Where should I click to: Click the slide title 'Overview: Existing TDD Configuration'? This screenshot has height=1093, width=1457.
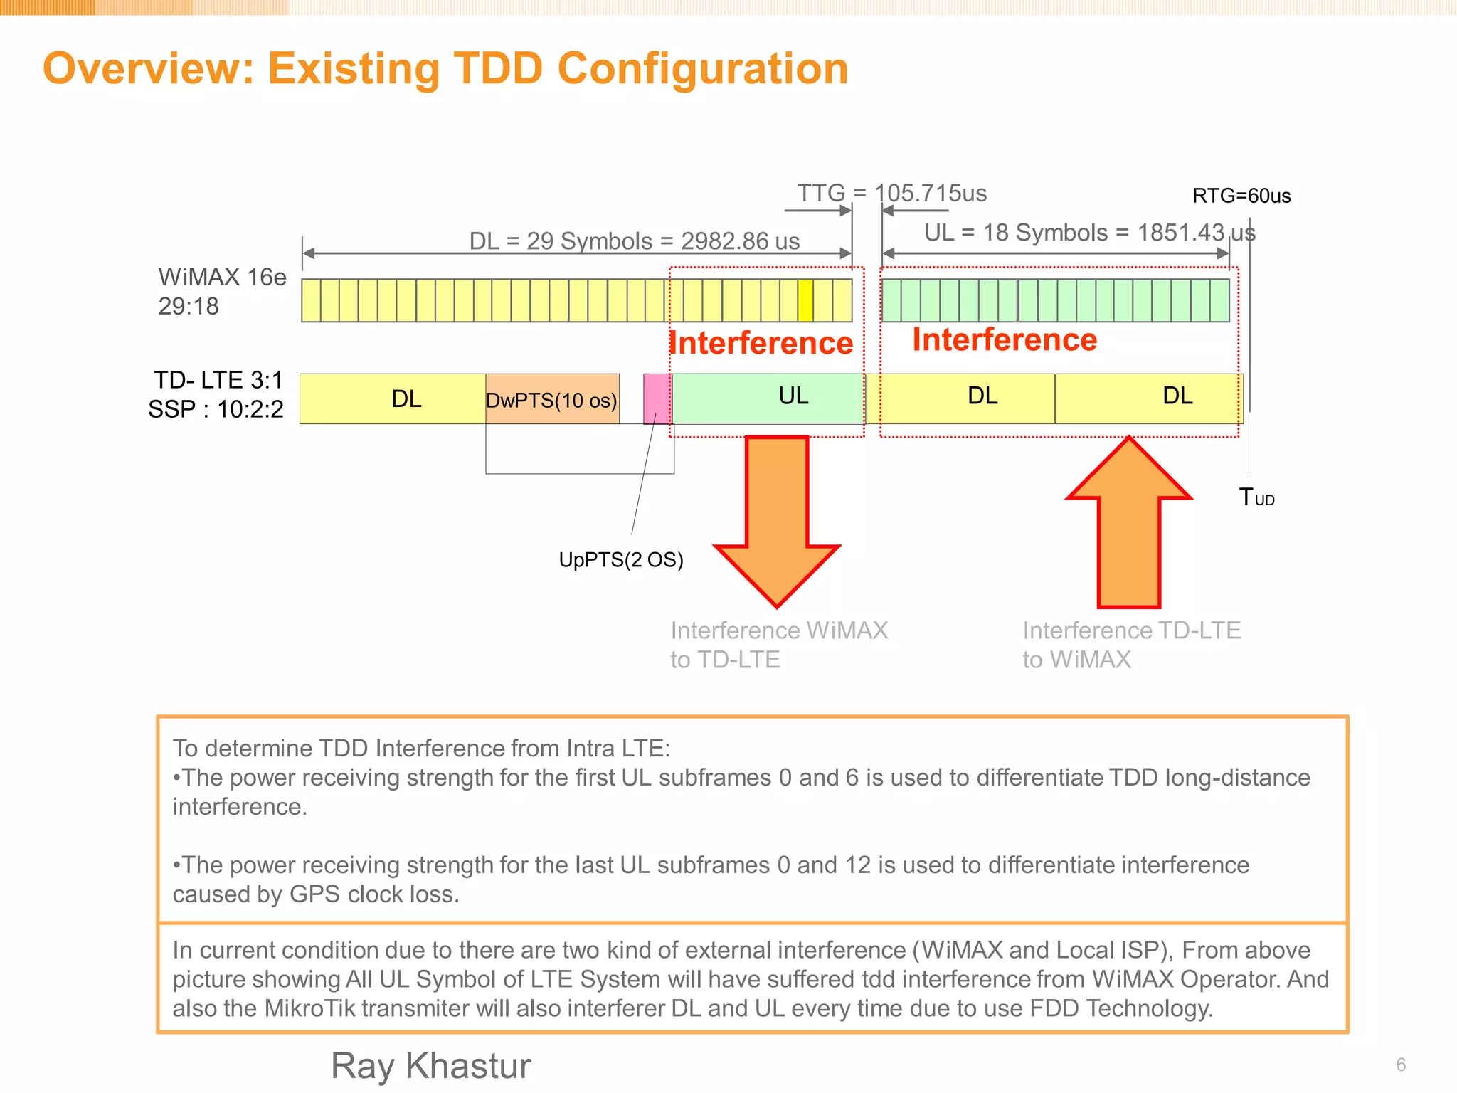[445, 68]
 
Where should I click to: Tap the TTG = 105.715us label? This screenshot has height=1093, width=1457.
[891, 193]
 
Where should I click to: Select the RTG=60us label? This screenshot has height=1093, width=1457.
[1241, 196]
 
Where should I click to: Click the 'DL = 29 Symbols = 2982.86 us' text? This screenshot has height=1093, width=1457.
[634, 241]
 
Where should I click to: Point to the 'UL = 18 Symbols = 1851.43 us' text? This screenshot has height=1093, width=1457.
[1089, 233]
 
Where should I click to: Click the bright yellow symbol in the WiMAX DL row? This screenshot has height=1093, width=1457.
[805, 300]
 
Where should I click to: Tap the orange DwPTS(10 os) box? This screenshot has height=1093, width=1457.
[552, 399]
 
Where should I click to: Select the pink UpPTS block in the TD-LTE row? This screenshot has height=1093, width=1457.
[657, 398]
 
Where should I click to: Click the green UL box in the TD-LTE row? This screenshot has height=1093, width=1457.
[768, 398]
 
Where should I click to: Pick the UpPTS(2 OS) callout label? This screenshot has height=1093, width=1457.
[621, 560]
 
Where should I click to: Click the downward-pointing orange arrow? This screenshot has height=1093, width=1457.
[777, 519]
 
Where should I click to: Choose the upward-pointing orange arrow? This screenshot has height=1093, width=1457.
[1129, 523]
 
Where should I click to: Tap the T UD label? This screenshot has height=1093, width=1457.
[1256, 497]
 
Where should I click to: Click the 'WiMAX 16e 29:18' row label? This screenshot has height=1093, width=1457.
[221, 291]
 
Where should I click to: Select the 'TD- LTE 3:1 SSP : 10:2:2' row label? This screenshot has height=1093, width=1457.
[216, 395]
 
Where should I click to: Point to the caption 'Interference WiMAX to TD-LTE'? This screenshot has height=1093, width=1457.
[778, 645]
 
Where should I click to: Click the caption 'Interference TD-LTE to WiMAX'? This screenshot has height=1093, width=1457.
[1131, 645]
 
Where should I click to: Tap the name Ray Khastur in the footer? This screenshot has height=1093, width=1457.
[431, 1066]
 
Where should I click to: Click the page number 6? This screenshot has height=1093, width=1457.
[1401, 1065]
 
